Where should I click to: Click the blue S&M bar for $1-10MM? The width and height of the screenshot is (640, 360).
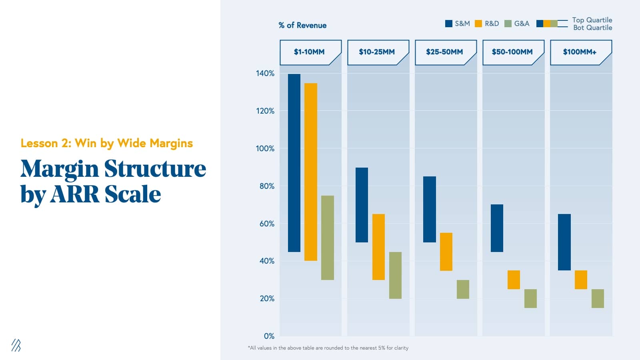294,163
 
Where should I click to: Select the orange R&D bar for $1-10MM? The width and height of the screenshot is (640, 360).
311,172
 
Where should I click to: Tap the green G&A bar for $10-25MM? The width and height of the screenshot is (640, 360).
395,275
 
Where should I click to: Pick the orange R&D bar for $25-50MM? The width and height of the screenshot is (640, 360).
446,252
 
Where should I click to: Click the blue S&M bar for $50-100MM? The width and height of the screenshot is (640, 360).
497,228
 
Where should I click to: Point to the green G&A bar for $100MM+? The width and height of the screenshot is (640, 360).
598,298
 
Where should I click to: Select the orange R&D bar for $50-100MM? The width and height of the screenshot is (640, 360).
514,280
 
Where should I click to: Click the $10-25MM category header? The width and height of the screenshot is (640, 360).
377,52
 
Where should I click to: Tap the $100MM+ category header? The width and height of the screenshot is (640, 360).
580,52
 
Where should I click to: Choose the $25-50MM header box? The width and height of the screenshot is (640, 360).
444,52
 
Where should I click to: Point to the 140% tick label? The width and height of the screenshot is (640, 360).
265,73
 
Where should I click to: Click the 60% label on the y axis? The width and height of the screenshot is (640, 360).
267,224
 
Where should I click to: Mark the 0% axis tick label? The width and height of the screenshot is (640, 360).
269,336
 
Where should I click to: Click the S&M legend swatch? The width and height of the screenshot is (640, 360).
449,24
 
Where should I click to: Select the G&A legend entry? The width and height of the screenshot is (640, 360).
517,24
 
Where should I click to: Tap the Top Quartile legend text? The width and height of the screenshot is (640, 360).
592,20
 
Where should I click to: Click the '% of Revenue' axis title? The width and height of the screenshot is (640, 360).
302,25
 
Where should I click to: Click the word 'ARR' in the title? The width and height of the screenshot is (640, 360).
75,194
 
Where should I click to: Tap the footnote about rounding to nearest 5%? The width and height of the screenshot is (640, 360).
328,348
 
